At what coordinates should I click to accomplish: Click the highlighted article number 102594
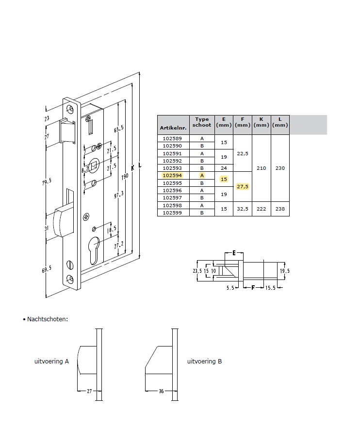click(172, 175)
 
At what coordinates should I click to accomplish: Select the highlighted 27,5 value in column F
click(243, 186)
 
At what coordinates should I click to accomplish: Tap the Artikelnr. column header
click(173, 128)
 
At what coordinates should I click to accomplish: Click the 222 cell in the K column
click(261, 209)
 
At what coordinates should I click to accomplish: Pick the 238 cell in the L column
click(280, 209)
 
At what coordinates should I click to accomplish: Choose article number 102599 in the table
click(172, 213)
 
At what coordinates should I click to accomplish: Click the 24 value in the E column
click(224, 168)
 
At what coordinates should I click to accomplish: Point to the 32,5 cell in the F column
click(243, 209)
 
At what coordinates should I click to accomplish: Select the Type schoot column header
click(202, 122)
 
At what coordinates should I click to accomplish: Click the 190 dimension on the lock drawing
click(125, 177)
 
